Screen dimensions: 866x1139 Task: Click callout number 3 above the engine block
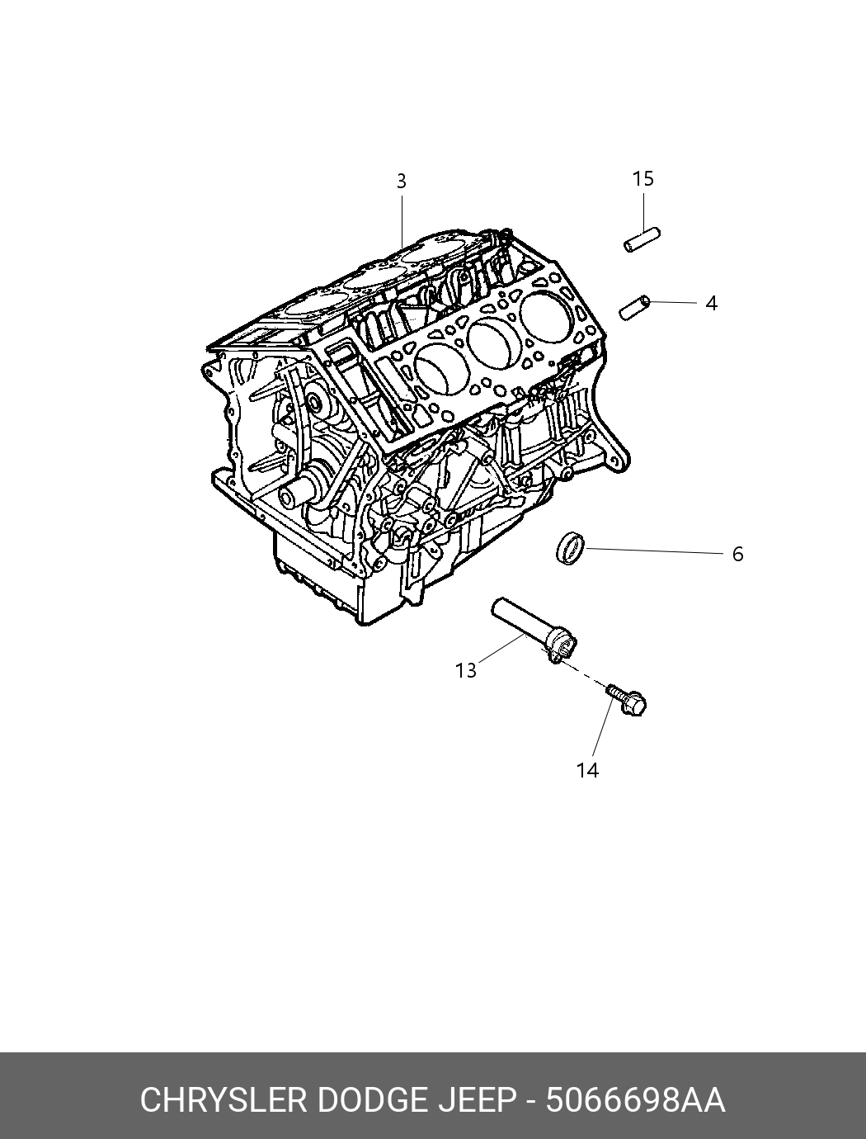coord(402,181)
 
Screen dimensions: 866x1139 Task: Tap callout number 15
coord(643,178)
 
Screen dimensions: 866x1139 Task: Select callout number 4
coord(712,304)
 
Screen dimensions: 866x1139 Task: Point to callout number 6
coord(738,554)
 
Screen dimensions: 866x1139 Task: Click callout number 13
coord(466,671)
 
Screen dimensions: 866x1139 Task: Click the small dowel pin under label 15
coord(642,239)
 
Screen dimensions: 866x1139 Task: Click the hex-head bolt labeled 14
coord(627,700)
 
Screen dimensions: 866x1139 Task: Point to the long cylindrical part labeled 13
coord(535,631)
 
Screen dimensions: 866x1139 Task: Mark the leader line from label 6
coord(654,551)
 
